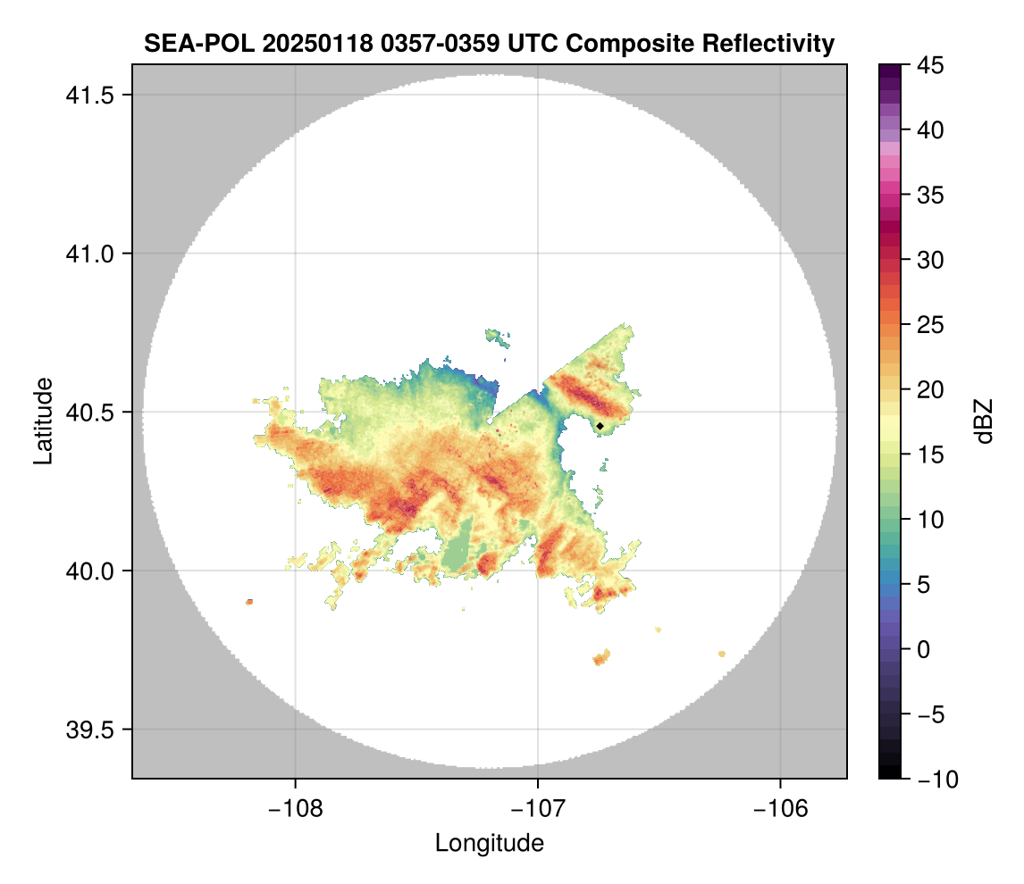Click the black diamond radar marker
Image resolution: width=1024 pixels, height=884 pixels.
coord(600,426)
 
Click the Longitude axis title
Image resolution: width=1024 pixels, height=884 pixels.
coord(489,843)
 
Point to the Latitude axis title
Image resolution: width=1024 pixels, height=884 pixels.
coord(42,421)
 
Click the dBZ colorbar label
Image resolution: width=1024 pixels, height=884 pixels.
coord(984,421)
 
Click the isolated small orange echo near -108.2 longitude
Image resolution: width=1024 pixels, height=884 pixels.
coord(249,602)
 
